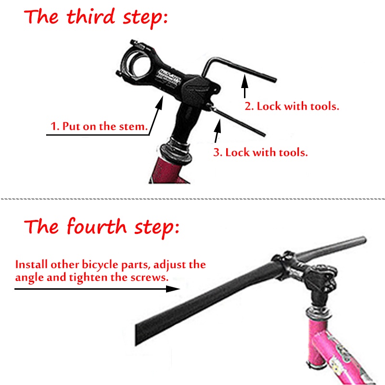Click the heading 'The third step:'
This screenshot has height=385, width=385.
click(x=96, y=18)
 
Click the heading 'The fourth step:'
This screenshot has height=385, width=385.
click(x=102, y=227)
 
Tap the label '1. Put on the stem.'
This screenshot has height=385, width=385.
click(x=99, y=126)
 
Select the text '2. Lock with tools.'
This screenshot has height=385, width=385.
click(x=292, y=106)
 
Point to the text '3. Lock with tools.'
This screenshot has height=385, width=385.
click(x=260, y=152)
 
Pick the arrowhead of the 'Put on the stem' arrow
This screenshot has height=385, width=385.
click(x=160, y=103)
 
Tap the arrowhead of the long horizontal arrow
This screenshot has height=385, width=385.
click(x=173, y=289)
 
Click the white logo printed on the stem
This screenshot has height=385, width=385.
click(x=169, y=77)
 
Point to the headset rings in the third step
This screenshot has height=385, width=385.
click(x=176, y=150)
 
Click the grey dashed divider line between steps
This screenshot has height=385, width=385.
click(x=192, y=199)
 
